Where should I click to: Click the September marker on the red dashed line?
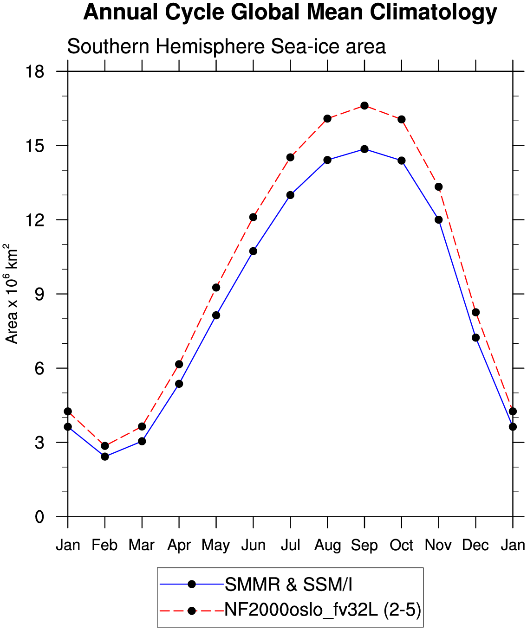coord(364,106)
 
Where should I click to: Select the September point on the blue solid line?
coord(364,149)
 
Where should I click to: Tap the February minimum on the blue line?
coord(105,456)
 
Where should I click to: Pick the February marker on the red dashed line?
coord(105,446)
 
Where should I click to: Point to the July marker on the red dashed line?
coord(290,157)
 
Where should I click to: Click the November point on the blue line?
coord(438,219)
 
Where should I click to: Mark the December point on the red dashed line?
coord(475,312)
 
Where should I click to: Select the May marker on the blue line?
coord(216,315)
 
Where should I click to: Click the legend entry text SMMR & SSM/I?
coord(288,585)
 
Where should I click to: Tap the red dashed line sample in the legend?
coord(191,611)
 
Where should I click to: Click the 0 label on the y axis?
coord(39,517)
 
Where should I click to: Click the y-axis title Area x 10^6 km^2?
coord(11,294)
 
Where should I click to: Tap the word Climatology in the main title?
coord(433,13)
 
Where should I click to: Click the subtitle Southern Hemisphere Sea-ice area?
coord(226,46)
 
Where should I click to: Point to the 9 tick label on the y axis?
coord(39,294)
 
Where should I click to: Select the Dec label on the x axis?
coord(475,545)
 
